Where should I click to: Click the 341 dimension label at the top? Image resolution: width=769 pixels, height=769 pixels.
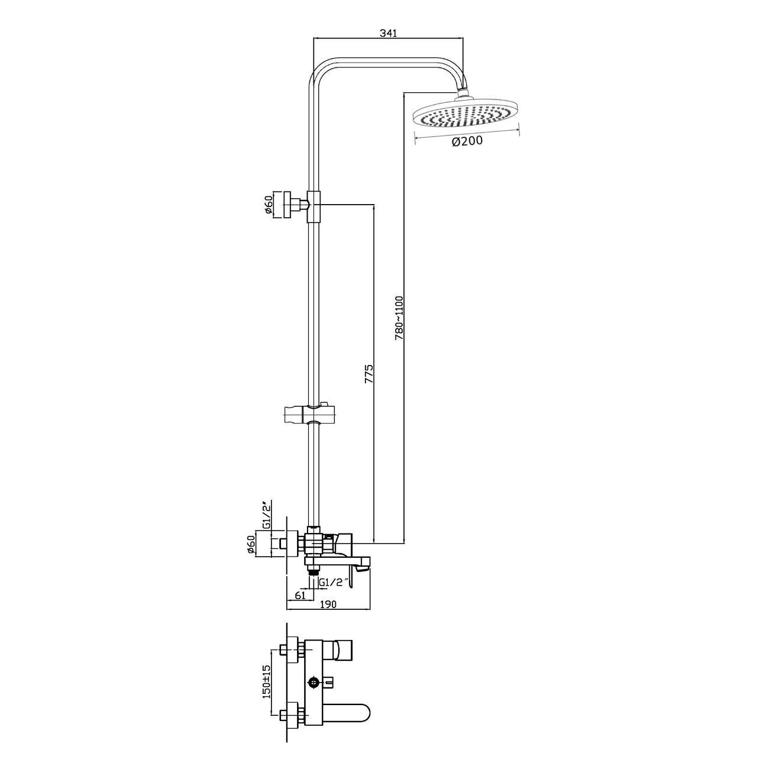[388, 33]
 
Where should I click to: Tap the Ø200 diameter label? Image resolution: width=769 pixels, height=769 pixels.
[467, 140]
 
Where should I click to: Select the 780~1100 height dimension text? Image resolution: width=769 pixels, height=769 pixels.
[399, 318]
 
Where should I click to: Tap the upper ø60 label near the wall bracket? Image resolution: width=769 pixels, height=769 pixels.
[268, 205]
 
